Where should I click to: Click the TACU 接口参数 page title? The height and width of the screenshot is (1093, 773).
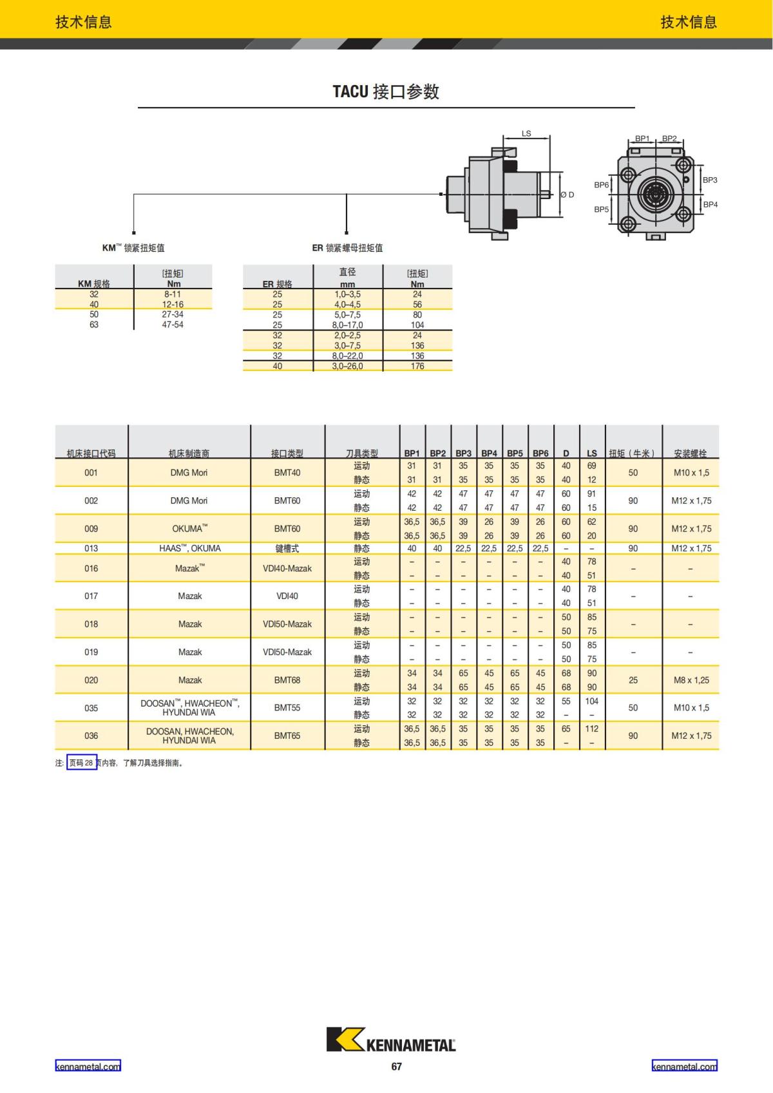click(x=386, y=91)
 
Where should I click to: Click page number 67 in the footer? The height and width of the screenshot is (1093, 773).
click(x=396, y=1067)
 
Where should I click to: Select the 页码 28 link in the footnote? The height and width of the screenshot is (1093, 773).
click(x=82, y=763)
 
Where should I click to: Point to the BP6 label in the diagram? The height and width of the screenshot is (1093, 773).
click(x=601, y=185)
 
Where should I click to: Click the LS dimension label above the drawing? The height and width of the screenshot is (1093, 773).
click(x=526, y=133)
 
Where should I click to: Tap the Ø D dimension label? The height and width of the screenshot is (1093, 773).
click(x=567, y=195)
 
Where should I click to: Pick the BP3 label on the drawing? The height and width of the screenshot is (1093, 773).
click(x=710, y=180)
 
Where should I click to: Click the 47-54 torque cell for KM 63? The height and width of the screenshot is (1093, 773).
click(x=173, y=325)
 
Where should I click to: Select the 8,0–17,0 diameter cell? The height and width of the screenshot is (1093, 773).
click(x=347, y=325)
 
